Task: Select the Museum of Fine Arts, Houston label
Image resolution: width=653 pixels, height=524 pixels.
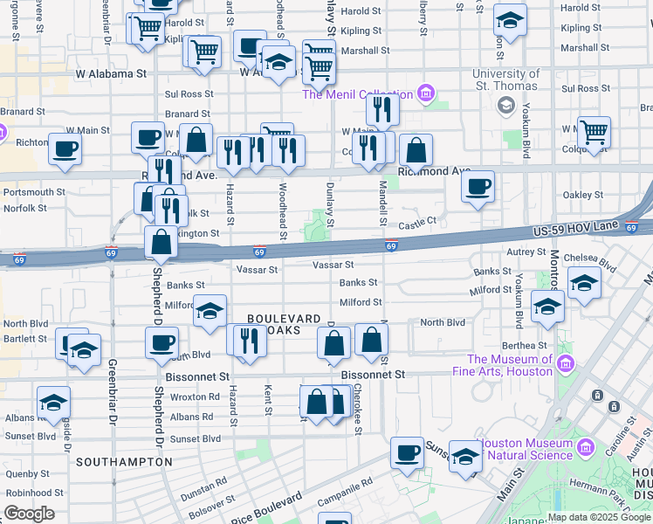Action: (510, 365)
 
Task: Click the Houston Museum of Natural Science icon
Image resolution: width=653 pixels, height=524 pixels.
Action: (586, 449)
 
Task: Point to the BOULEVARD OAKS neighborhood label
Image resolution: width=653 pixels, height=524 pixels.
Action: (284, 325)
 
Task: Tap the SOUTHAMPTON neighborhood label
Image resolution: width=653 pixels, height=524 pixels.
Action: (119, 460)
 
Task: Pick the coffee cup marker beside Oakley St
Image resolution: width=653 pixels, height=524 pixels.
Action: (478, 187)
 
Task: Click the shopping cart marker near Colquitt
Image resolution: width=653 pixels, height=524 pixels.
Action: (594, 133)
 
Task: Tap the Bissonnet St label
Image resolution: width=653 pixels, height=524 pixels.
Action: (374, 375)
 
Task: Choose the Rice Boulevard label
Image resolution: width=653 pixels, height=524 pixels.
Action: (268, 507)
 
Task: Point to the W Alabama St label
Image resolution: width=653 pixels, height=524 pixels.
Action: (111, 74)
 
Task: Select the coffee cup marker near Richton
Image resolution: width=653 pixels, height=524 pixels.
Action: (65, 148)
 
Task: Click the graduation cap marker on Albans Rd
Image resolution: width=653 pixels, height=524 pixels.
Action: (53, 403)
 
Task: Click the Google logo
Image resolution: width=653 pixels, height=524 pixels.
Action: (29, 514)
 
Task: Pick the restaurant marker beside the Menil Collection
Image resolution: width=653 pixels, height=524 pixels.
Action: (382, 109)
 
